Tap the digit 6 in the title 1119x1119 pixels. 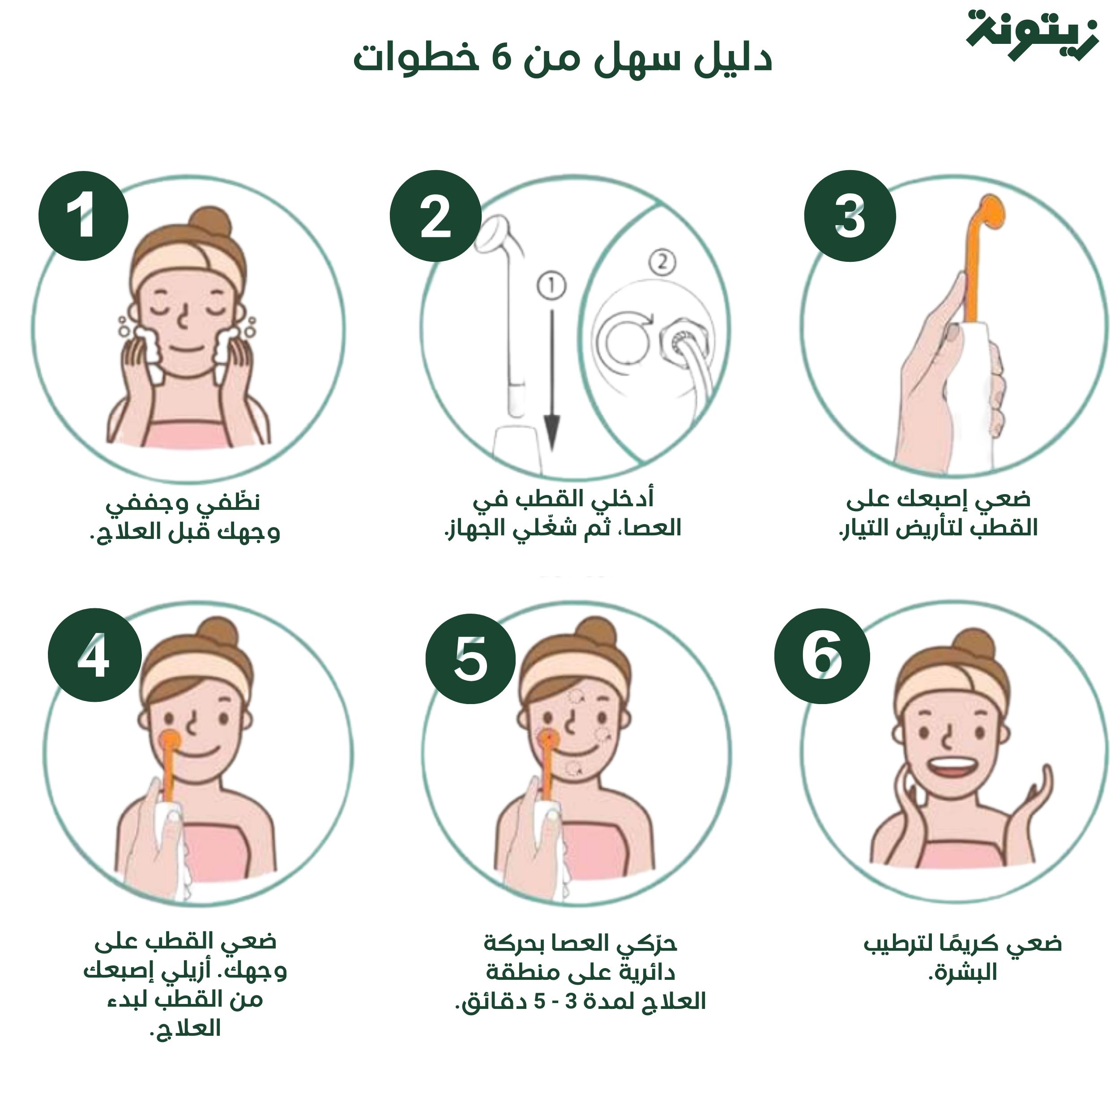(502, 59)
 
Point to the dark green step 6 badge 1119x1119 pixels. (822, 656)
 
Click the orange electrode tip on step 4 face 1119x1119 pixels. (170, 739)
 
